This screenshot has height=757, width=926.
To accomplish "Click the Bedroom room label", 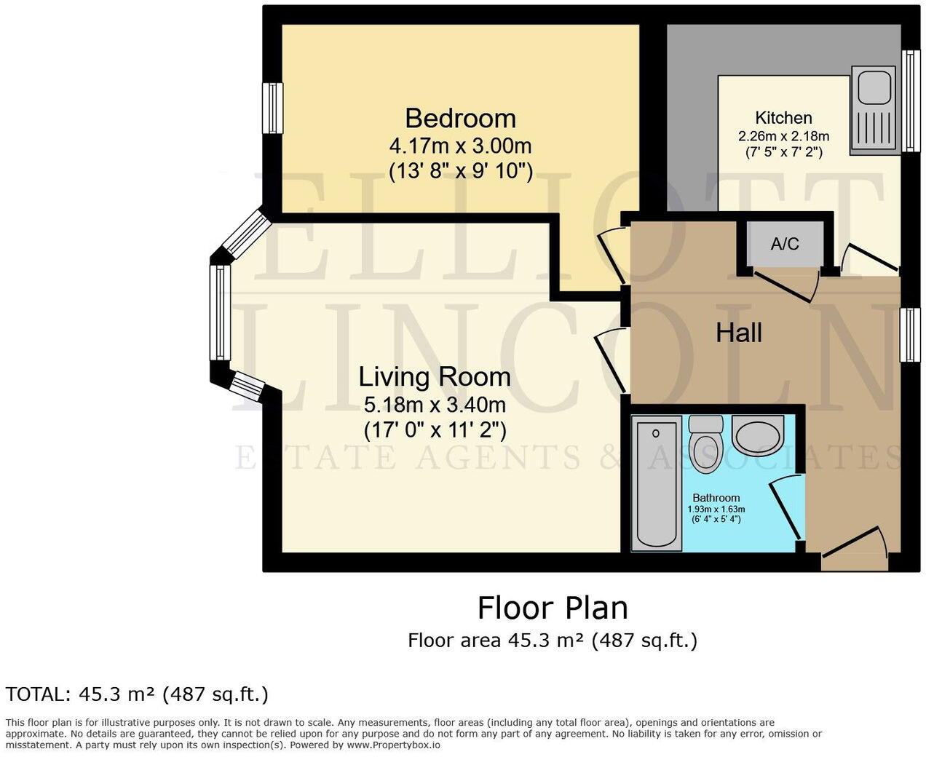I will (x=460, y=118).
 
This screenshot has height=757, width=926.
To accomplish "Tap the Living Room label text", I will (x=435, y=377).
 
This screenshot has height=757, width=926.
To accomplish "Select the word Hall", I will (x=739, y=333).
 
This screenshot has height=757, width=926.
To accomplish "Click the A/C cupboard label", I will (x=785, y=244).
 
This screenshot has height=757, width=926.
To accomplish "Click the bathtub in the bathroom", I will (x=656, y=482).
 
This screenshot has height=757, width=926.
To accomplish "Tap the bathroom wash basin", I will (x=758, y=436).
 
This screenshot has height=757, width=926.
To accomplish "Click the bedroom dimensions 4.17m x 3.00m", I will (x=460, y=146).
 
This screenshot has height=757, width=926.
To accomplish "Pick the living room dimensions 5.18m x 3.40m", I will (x=435, y=404).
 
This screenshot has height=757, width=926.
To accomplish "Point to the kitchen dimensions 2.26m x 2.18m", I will (x=783, y=136).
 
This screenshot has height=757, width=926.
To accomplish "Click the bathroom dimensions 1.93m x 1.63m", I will (x=716, y=510).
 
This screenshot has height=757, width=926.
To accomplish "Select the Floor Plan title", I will (x=552, y=608).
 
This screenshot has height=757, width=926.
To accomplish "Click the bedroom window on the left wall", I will (x=272, y=108).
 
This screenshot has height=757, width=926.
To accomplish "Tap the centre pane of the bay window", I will (x=220, y=312).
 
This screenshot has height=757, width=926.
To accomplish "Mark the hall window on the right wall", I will (x=910, y=335).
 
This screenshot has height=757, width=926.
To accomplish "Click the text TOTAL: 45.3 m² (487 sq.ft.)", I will (x=137, y=694).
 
